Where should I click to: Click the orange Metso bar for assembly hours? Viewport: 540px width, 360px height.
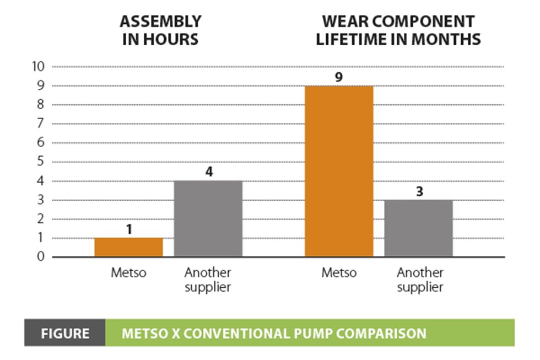[x=128, y=248]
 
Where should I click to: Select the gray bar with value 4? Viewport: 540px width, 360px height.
[x=208, y=219]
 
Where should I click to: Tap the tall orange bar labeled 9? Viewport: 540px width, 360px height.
[x=339, y=171]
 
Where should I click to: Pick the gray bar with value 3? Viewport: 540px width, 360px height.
[x=418, y=228]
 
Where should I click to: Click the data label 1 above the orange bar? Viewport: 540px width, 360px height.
[x=129, y=229]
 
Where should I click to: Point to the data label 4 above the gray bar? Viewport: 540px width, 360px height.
[x=208, y=171]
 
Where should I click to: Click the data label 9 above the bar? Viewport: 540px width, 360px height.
[x=339, y=77]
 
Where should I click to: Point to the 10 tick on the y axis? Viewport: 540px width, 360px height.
[x=38, y=67]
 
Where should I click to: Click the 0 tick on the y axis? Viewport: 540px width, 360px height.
[x=41, y=257]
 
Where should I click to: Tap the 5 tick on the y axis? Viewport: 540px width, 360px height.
[x=41, y=162]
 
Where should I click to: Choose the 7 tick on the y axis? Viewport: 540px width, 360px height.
[x=41, y=124]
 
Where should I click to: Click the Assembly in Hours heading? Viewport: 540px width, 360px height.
[x=160, y=30]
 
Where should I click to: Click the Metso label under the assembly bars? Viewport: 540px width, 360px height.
[x=128, y=273]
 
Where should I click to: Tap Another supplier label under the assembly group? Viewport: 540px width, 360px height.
[x=208, y=280]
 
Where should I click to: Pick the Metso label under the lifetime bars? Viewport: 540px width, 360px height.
[x=339, y=273]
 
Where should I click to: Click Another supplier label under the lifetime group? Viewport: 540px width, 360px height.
[x=420, y=280]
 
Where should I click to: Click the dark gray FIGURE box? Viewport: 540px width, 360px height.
[x=64, y=333]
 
